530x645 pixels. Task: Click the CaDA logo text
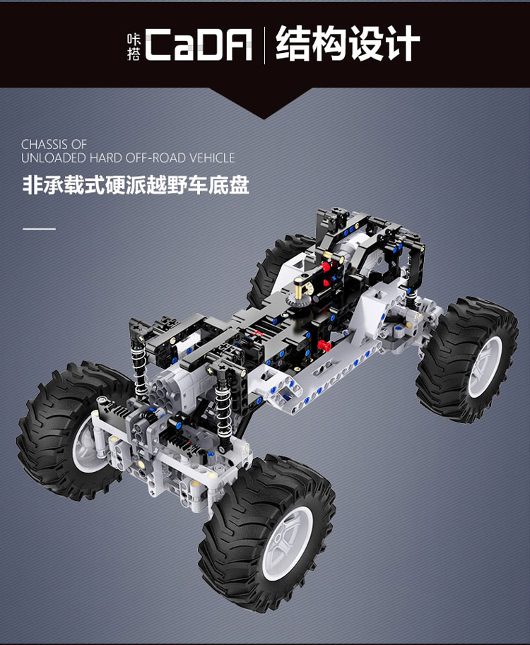coord(199,45)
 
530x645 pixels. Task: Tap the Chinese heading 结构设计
coord(348,43)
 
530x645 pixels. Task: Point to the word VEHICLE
coord(212,158)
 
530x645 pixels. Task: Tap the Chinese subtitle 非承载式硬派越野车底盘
coord(136,184)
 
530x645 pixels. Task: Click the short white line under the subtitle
coord(39,228)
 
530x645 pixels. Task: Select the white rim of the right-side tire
coord(485,367)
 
